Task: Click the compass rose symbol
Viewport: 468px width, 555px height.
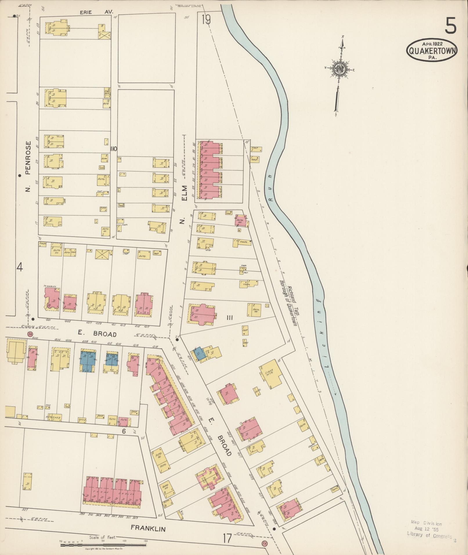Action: [339, 69]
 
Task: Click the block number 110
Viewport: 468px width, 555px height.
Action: [113, 149]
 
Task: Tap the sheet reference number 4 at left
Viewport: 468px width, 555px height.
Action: [19, 267]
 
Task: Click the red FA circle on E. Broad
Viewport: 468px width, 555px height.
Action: [30, 334]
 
